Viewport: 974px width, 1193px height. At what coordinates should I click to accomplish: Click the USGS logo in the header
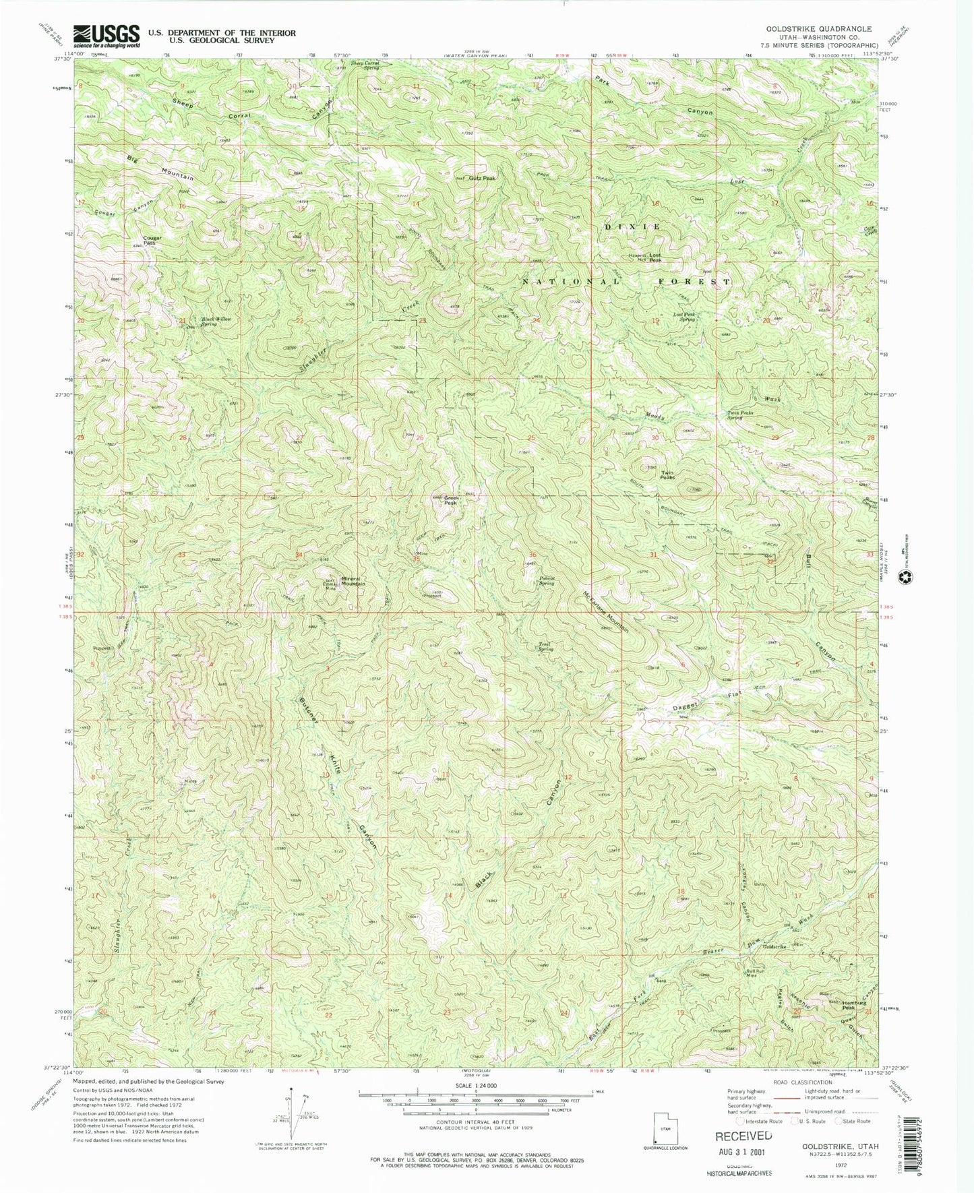(107, 35)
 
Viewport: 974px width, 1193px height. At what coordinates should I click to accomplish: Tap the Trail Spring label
(545, 646)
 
